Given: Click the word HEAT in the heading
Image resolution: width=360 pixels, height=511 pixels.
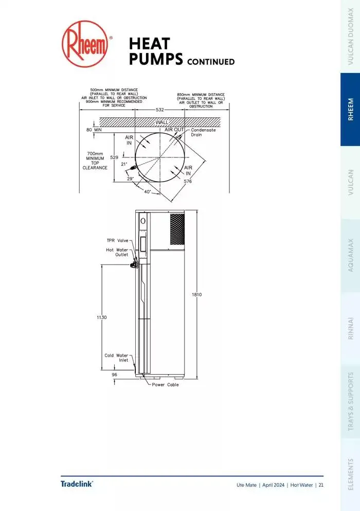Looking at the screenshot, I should point(149,43).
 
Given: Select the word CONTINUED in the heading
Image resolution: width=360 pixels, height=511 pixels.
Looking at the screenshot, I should point(211,62).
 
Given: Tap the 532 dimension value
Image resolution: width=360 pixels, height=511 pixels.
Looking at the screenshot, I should point(160,110).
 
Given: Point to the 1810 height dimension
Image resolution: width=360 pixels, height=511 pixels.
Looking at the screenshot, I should point(197,294).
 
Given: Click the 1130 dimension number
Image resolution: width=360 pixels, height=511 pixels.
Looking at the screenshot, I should point(101,318).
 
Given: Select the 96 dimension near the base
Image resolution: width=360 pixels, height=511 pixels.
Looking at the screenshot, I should point(115,375).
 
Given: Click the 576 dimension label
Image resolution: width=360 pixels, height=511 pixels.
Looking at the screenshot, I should point(188,181).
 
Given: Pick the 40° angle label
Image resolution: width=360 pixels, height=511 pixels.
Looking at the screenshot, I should point(147,191).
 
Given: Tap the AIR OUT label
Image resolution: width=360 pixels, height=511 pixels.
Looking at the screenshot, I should point(174,130).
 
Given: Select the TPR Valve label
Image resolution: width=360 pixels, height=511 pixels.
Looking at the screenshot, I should point(117,240).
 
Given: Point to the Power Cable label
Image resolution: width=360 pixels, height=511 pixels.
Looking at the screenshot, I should point(165,385).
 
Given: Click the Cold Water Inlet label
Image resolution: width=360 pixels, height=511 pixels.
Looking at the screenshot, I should point(116,358).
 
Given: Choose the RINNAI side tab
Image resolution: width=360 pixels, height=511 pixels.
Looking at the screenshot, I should point(350,327).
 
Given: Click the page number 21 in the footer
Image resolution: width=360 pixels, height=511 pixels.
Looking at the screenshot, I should point(321,485).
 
